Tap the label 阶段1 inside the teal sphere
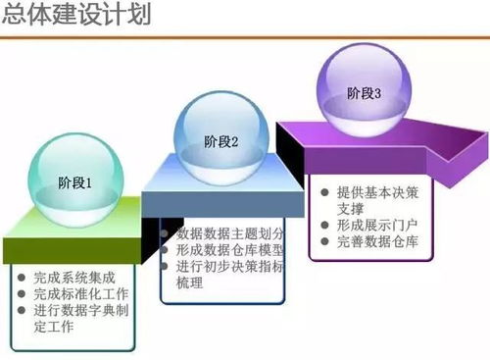click(75, 182)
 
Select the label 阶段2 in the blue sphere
click(221, 141)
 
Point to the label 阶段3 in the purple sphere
click(364, 94)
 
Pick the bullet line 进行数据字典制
click(80, 311)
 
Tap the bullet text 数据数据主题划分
click(230, 233)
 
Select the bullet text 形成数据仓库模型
click(230, 250)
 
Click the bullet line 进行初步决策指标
click(230, 267)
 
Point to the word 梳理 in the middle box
click(189, 283)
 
